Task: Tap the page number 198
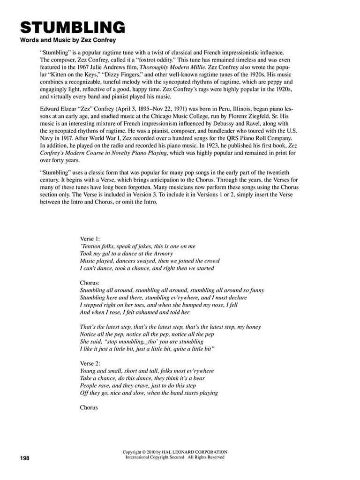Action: coord(25,458)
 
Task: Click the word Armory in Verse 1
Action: coord(163,254)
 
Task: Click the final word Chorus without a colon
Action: coord(89,407)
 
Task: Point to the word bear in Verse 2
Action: coord(199,378)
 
